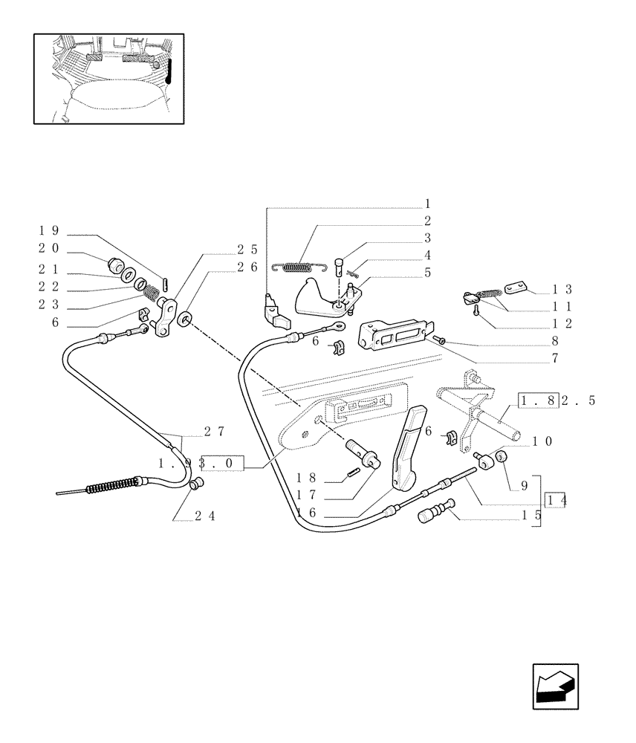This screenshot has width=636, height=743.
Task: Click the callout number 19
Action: click(49, 231)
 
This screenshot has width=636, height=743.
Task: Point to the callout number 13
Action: click(562, 290)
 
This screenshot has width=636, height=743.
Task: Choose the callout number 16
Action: click(307, 512)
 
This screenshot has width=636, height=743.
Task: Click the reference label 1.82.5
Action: click(557, 401)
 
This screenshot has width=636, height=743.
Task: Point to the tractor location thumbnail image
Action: click(108, 78)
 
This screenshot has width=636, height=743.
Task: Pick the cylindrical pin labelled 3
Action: click(340, 265)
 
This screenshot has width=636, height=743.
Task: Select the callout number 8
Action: click(555, 342)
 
